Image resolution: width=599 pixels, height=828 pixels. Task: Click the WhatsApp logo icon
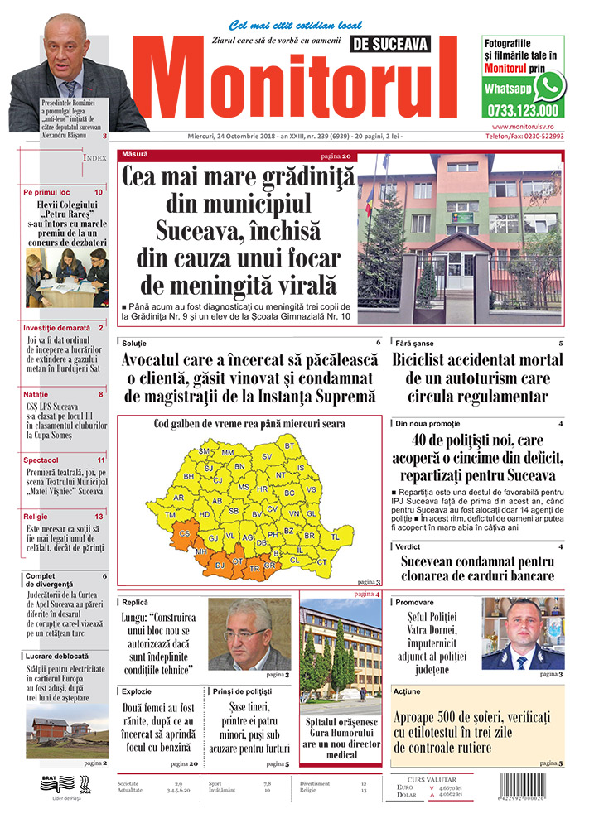click(x=549, y=85)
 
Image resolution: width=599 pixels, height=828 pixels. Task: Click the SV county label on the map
click(x=267, y=456)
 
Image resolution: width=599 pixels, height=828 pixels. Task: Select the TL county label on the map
click(x=336, y=537)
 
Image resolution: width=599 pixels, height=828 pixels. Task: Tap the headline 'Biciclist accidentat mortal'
click(x=478, y=360)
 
